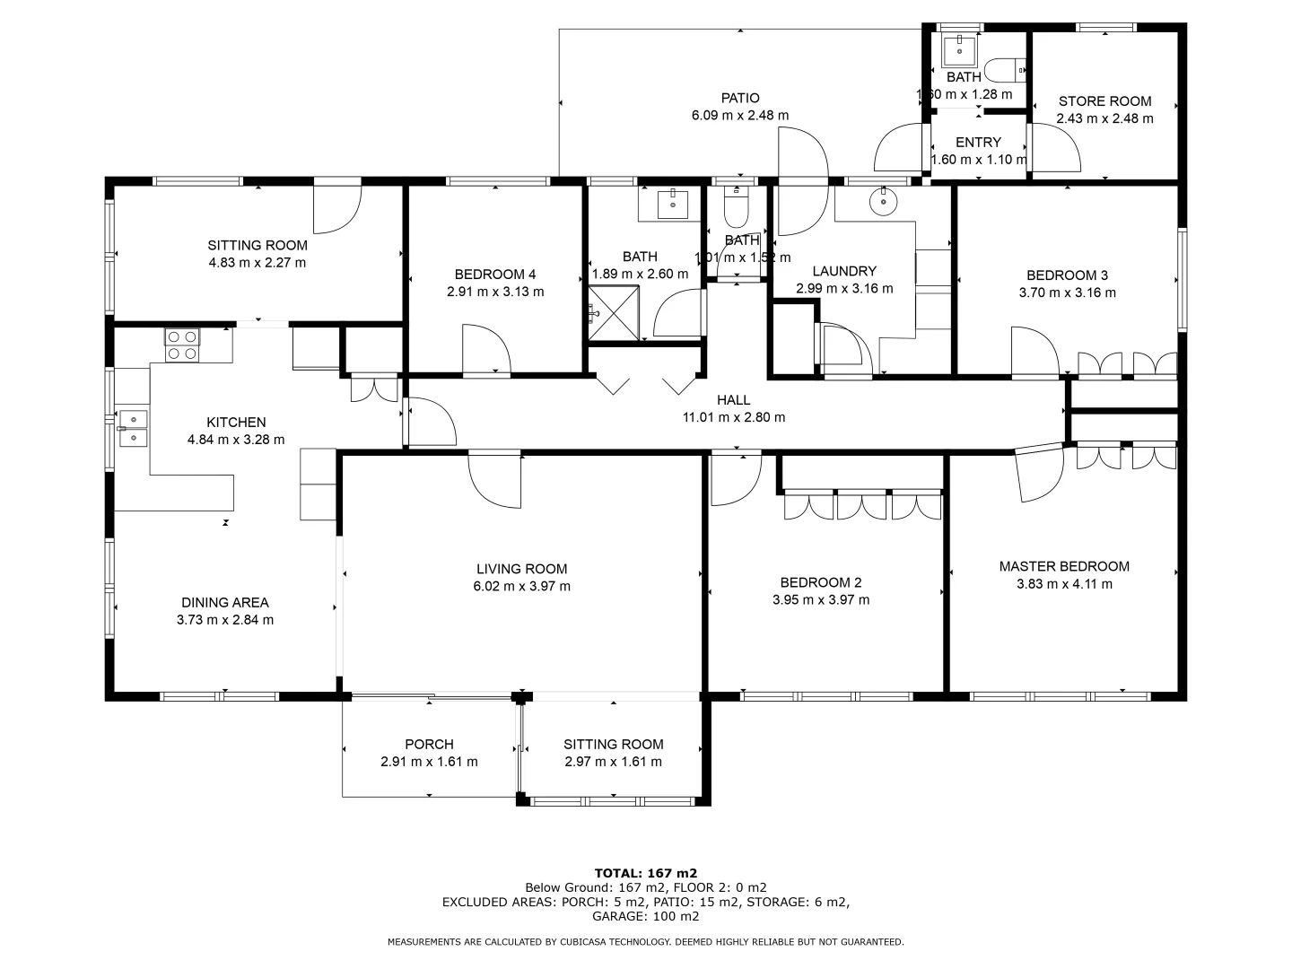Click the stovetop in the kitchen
click(182, 345)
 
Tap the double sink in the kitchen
click(134, 428)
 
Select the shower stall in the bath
click(614, 313)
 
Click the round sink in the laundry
click(883, 202)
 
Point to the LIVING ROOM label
click(521, 569)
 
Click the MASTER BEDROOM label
click(1063, 566)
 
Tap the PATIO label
click(740, 99)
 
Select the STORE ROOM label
click(1104, 101)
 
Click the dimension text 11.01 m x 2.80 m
click(733, 417)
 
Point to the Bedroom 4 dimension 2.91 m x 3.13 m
click(495, 292)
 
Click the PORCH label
click(429, 745)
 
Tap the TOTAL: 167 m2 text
click(646, 873)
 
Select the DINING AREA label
click(225, 602)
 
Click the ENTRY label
click(978, 143)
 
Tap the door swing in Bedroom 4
click(486, 348)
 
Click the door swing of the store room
click(1056, 148)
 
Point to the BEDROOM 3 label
click(1067, 275)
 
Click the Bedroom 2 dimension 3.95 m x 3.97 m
click(821, 600)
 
